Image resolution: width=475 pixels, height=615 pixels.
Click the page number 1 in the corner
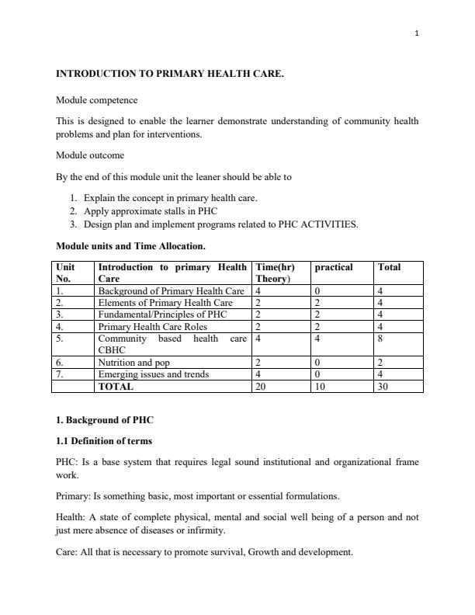[x=417, y=33]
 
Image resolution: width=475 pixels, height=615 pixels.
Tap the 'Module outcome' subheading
[x=90, y=155]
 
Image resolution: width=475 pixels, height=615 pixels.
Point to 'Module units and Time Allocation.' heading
[x=130, y=246]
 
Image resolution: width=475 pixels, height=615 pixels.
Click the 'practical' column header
[x=334, y=267]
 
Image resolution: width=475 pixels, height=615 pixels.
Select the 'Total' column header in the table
[x=389, y=267]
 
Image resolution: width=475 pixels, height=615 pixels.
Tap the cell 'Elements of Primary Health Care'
[x=165, y=303]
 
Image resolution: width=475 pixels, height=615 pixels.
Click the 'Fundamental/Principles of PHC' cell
[x=164, y=314]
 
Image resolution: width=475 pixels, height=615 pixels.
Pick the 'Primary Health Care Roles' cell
[x=153, y=327]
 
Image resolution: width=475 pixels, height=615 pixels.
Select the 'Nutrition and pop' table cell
[x=134, y=363]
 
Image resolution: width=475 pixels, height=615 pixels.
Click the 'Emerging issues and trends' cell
[x=153, y=374]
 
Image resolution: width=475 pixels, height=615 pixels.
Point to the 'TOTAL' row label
[x=116, y=386]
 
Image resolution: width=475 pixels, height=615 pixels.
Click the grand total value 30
[x=383, y=386]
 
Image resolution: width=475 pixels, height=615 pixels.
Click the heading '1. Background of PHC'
[x=105, y=420]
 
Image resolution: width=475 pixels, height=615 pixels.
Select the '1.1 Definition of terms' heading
[x=104, y=441]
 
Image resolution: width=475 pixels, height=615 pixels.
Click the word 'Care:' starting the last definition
[x=68, y=552]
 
